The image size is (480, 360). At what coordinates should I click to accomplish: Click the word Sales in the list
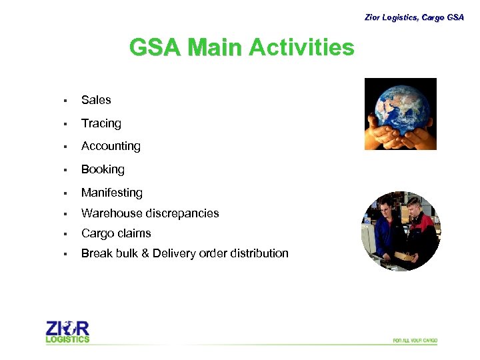tap(96, 100)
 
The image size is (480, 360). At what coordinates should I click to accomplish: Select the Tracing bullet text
tap(101, 123)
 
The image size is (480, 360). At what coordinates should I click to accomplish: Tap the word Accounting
tap(111, 146)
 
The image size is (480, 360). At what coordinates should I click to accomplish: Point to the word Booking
tap(103, 169)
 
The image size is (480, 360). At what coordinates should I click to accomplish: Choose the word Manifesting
tap(111, 193)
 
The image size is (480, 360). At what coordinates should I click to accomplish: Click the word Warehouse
tap(109, 213)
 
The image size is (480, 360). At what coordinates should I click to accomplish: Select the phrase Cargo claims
tap(116, 233)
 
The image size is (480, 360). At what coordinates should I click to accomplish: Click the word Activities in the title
tap(301, 48)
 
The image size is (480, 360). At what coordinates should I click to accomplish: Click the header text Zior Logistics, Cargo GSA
tap(413, 17)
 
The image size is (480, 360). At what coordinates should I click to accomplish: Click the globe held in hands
tap(400, 113)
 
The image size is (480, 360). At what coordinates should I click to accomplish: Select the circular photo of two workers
tap(401, 231)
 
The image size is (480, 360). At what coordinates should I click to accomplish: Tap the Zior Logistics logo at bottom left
tap(67, 331)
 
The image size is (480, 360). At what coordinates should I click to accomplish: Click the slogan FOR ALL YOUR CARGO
tap(415, 341)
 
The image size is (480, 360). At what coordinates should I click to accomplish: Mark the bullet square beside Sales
tap(65, 101)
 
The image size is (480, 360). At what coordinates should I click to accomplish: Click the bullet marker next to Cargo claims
tap(65, 234)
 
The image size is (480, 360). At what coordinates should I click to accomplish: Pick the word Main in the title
tap(215, 48)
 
